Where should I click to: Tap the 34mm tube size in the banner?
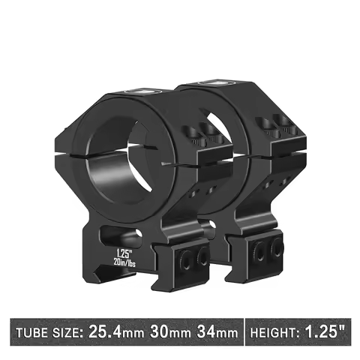[x=219, y=329]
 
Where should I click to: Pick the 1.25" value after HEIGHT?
[x=326, y=329]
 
